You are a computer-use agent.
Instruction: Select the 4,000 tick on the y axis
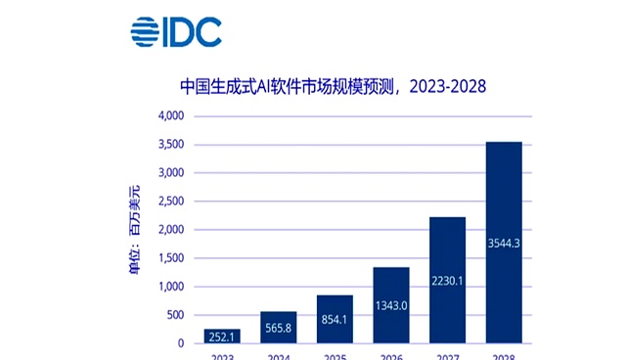tap(171, 116)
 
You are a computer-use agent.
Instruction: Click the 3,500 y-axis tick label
tap(171, 145)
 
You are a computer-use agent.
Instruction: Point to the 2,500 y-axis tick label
tap(171, 202)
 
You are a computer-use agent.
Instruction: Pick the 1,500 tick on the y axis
tap(171, 258)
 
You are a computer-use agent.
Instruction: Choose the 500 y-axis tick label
tap(176, 315)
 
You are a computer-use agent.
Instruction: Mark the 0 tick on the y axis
tap(182, 343)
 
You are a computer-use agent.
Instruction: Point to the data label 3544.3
tap(504, 241)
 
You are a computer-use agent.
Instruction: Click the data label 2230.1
tap(447, 282)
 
